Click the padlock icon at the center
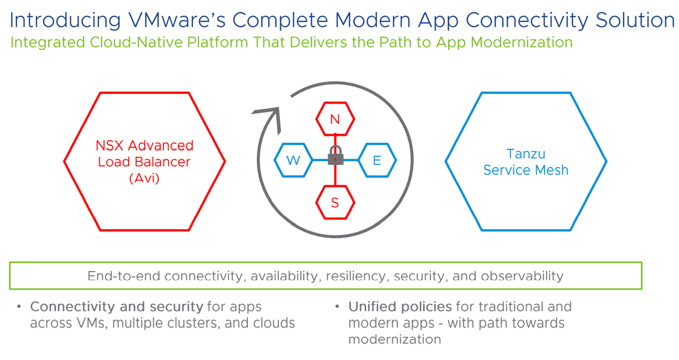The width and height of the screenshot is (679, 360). [x=335, y=155]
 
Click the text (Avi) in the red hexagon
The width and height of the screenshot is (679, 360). [x=144, y=178]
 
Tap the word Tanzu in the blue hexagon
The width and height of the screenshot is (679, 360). [x=526, y=154]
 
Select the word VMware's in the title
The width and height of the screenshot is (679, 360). [x=177, y=20]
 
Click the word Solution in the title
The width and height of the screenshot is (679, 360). [x=635, y=20]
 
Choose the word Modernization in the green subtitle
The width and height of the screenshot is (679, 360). [x=521, y=42]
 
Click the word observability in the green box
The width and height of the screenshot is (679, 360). [x=522, y=276]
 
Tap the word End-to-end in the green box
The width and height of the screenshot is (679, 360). [x=124, y=276]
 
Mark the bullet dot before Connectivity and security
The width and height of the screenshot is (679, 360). [x=19, y=307]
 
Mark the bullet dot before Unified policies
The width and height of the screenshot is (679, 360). [x=337, y=307]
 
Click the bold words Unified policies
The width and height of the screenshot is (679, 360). [x=400, y=307]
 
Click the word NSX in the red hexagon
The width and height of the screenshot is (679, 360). [x=109, y=145]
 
